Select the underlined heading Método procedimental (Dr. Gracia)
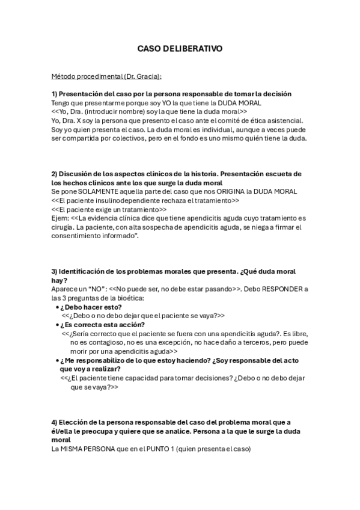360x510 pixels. click(106, 77)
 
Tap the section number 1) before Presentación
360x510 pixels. click(54, 94)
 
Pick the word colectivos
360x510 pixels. click(172, 138)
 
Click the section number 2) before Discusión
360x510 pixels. click(54, 174)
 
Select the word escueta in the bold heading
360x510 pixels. click(273, 174)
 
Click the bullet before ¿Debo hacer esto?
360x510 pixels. click(56, 307)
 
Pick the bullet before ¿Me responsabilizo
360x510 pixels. click(56, 360)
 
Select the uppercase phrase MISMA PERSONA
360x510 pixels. click(89, 450)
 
